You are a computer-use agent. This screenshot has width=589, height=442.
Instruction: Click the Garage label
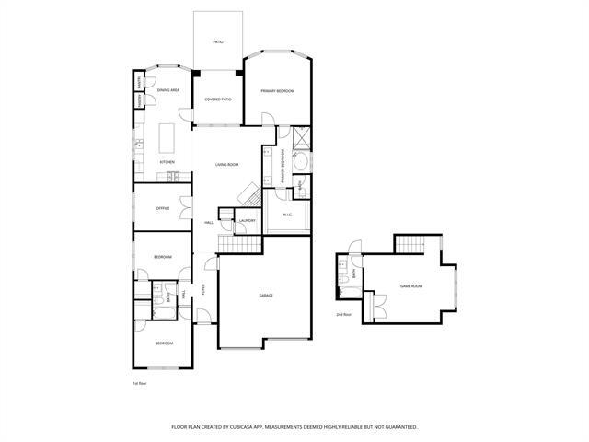click(x=266, y=296)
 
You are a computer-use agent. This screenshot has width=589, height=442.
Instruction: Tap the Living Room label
click(x=227, y=165)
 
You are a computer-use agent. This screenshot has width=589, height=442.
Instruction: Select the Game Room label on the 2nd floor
click(x=410, y=286)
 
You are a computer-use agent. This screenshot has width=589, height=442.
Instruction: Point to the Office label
click(x=163, y=208)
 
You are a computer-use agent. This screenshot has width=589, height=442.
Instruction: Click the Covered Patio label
click(x=218, y=99)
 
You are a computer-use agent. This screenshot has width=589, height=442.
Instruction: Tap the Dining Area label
click(x=168, y=90)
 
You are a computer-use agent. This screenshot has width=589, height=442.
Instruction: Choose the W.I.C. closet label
click(x=286, y=215)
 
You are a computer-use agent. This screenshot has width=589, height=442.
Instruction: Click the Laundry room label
click(x=247, y=221)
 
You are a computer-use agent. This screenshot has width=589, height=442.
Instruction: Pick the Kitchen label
click(x=167, y=162)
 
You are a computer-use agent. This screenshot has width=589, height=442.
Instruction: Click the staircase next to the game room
click(x=408, y=244)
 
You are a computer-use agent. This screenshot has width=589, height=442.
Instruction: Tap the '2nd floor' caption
click(x=343, y=315)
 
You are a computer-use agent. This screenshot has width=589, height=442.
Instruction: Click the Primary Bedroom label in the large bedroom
click(x=277, y=91)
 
